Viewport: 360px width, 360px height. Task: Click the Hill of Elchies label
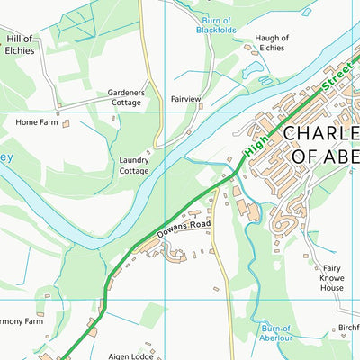[x=20, y=44]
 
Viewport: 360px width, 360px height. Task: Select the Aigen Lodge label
[x=130, y=356]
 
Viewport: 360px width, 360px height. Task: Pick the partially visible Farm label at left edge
[x=20, y=320]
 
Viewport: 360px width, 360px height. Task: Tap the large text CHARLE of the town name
[x=321, y=134]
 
